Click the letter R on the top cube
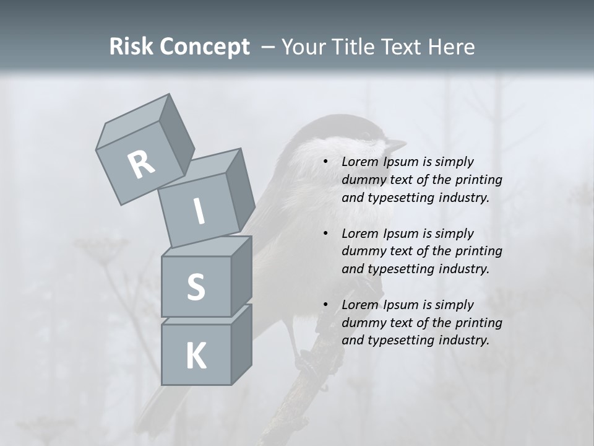tap(141, 165)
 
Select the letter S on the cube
tap(196, 287)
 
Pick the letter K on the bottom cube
tap(196, 356)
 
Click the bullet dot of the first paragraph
tap(325, 162)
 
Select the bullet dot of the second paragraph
tap(325, 234)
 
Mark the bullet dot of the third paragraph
tap(325, 305)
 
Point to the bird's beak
tap(395, 144)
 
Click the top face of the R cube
tap(134, 118)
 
